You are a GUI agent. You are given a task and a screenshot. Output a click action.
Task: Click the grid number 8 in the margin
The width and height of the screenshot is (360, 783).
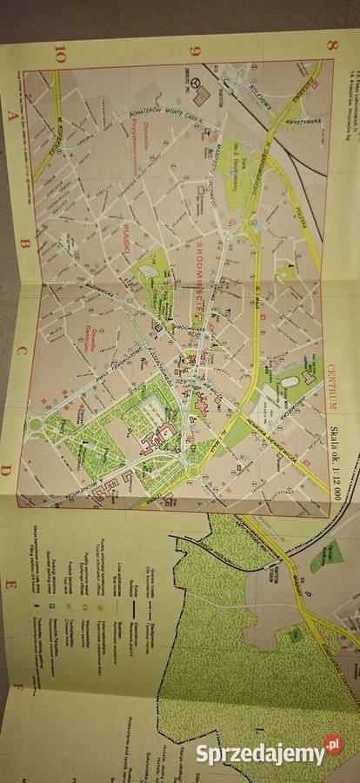click(x=331, y=45)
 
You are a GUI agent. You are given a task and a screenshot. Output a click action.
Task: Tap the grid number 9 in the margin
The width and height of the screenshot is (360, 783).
click(x=195, y=50)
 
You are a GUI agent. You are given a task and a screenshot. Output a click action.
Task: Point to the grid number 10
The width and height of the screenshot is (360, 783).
click(x=60, y=54)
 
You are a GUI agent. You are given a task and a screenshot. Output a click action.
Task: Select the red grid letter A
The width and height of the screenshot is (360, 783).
click(x=11, y=114)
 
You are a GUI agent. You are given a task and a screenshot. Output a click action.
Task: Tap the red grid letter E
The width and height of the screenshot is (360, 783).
click(x=10, y=582)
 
